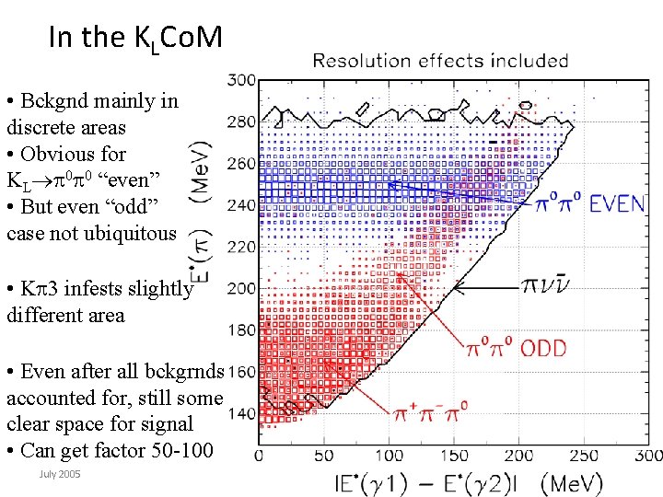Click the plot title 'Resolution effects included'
coord(440,61)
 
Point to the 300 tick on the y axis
coord(241,80)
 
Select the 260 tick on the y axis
coord(241,164)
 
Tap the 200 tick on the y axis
coord(241,289)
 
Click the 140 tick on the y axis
coord(241,414)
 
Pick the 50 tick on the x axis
coord(324,455)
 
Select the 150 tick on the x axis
coord(455,455)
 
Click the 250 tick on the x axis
coord(585,455)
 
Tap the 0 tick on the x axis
coord(260,455)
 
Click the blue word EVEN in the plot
coord(617,204)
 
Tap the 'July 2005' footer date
coord(60,473)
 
